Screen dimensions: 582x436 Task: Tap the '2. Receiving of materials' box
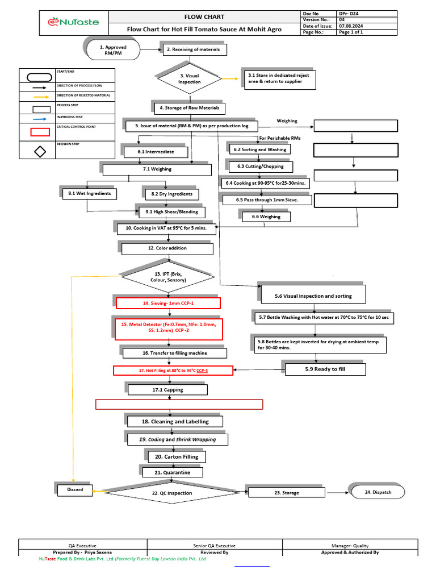click(x=196, y=50)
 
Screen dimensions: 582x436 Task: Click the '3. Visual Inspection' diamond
click(x=190, y=79)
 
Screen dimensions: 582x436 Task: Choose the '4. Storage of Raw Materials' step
click(x=190, y=108)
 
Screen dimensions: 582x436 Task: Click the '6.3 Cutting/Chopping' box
click(x=261, y=167)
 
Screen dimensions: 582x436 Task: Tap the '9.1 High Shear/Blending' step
click(x=172, y=212)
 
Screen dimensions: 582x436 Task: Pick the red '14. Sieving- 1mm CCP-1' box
click(x=168, y=304)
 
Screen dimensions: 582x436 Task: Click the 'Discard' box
click(x=76, y=489)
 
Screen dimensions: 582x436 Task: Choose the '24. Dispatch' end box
click(x=378, y=492)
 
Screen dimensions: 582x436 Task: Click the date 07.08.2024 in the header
click(x=350, y=26)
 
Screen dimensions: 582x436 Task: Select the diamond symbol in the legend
click(x=40, y=152)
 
